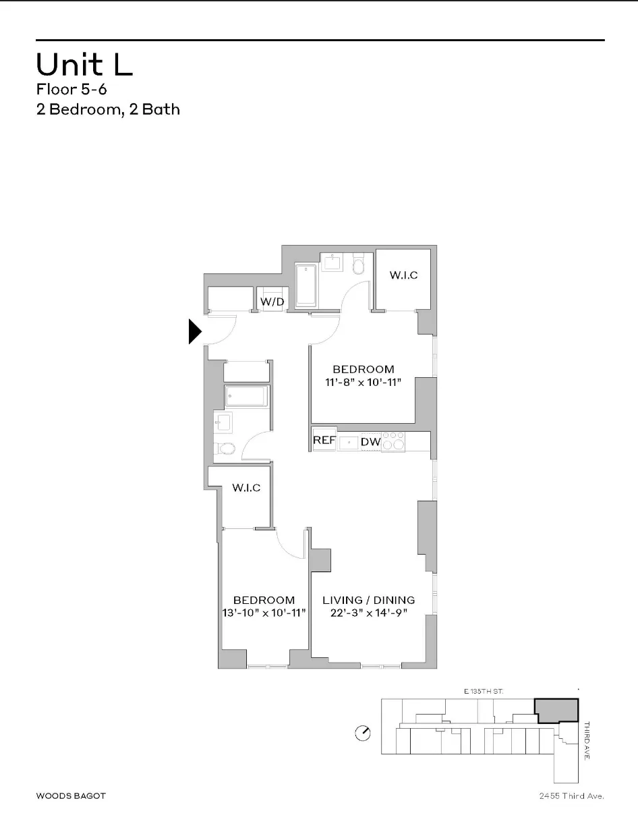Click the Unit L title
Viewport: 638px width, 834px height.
coord(84,64)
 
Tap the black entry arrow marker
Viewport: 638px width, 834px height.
coord(195,332)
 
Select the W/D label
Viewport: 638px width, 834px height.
coord(272,302)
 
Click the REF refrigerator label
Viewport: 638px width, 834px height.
coord(324,441)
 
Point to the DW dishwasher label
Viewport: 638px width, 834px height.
coord(370,442)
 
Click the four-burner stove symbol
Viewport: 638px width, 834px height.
coord(393,441)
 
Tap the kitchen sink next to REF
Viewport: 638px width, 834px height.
coord(349,442)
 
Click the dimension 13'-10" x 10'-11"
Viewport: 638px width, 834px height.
coord(264,612)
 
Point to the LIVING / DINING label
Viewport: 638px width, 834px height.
coord(368,600)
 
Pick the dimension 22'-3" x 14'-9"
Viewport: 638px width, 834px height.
coord(368,613)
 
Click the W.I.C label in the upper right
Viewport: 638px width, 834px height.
coord(403,275)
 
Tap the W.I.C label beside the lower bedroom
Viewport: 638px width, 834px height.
coord(246,488)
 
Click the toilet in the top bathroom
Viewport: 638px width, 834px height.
coord(359,265)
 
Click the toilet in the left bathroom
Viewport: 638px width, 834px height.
coord(227,448)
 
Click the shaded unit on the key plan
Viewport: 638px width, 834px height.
coord(557,711)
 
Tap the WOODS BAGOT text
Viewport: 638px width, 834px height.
coord(71,796)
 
